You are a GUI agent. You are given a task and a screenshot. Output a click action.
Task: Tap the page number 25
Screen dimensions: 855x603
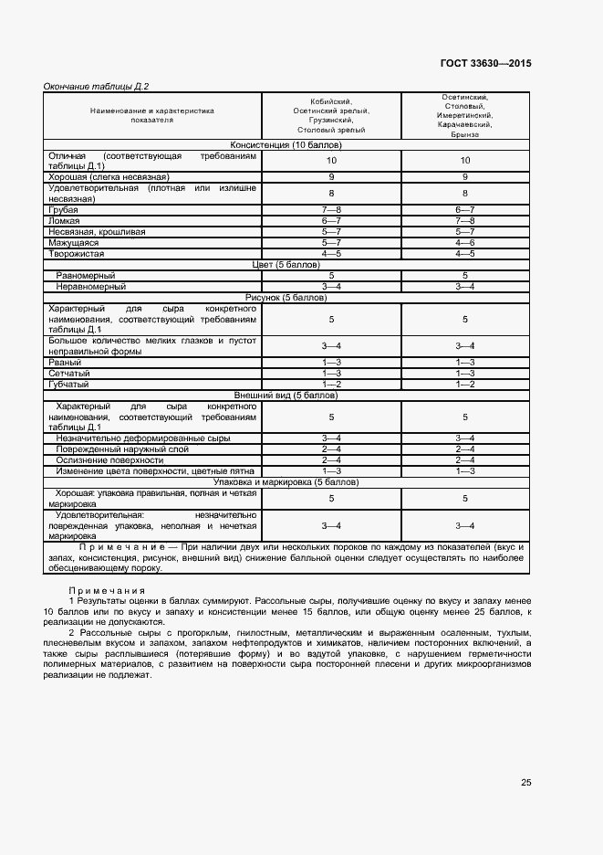pyautogui.click(x=526, y=782)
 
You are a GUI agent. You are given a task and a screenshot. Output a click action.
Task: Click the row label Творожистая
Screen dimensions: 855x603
pyautogui.click(x=77, y=253)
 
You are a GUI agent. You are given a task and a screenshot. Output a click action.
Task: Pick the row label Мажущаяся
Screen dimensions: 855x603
pyautogui.click(x=74, y=242)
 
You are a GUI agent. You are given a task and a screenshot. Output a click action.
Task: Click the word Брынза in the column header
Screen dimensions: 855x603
pyautogui.click(x=465, y=134)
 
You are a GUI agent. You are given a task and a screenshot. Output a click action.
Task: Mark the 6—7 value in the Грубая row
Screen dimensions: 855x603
pyautogui.click(x=465, y=210)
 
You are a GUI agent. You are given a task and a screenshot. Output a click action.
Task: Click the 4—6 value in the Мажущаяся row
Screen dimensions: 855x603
pyautogui.click(x=465, y=242)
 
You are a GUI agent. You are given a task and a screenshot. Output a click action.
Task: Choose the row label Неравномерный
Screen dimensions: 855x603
pyautogui.click(x=91, y=287)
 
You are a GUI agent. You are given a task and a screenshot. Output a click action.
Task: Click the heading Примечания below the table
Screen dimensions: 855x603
pyautogui.click(x=107, y=591)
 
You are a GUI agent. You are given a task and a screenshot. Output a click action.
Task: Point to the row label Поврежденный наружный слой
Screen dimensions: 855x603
pyautogui.click(x=122, y=449)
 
